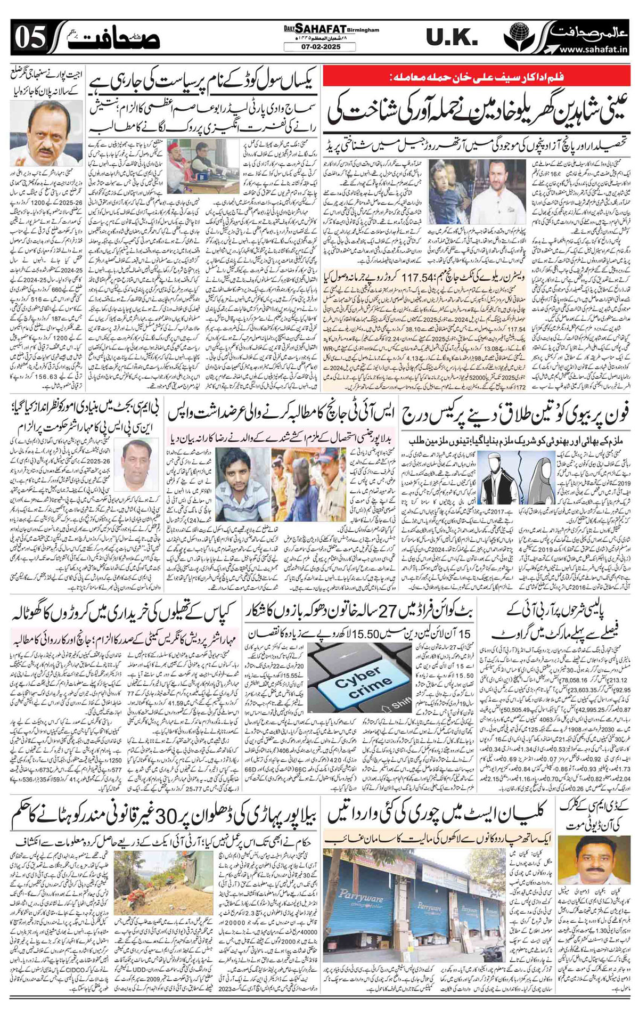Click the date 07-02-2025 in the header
[319, 47]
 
